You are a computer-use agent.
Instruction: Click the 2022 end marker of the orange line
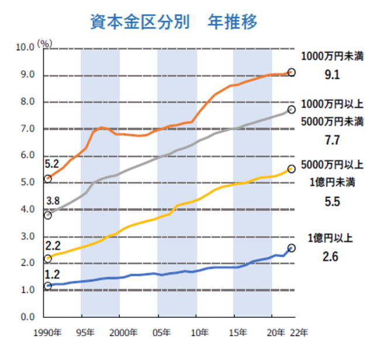tap(292, 72)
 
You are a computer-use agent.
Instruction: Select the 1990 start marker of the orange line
tap(48, 179)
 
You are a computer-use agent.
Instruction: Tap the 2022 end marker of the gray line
tap(292, 110)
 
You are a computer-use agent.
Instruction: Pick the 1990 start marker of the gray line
tap(48, 216)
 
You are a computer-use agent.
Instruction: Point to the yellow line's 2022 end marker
tap(292, 169)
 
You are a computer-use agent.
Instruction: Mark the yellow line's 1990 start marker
tap(48, 258)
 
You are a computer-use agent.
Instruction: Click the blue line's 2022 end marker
tap(292, 248)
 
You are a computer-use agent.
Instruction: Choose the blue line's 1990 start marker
tap(48, 286)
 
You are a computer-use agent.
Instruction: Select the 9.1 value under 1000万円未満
tap(332, 75)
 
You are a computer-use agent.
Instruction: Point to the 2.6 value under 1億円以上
tap(331, 256)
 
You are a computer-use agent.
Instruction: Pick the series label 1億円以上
tap(331, 238)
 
